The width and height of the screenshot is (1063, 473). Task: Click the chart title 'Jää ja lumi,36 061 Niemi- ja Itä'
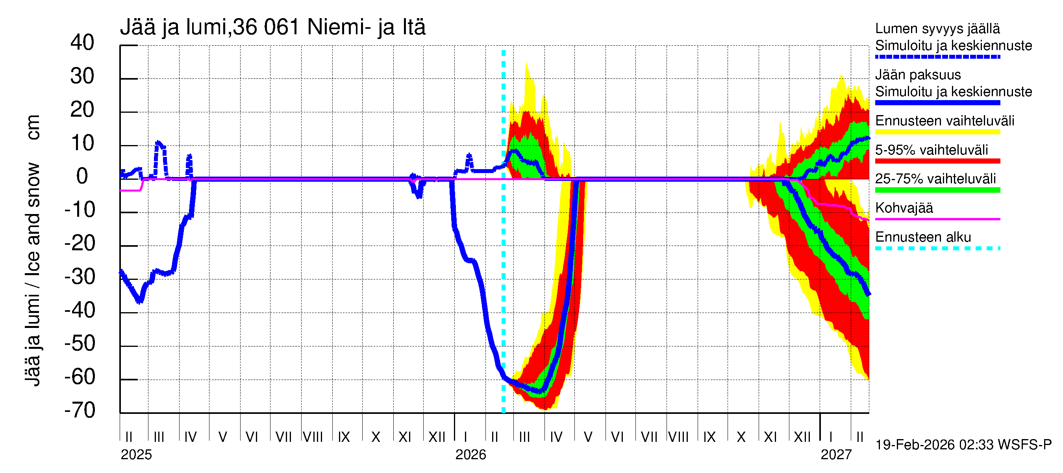pos(272,27)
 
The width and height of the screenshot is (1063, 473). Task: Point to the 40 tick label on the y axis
pos(82,43)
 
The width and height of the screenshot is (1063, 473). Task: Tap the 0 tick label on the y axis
pos(82,177)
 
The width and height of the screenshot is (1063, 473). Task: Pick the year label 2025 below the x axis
pos(136,454)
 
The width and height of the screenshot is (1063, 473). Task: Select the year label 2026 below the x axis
pos(470,454)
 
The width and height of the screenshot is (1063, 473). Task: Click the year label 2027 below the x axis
pos(836,454)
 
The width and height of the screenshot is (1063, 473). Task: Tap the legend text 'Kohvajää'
pos(904,208)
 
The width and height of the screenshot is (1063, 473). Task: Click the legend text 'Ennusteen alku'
pos(923,237)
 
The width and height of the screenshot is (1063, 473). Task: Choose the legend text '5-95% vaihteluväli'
pos(932,150)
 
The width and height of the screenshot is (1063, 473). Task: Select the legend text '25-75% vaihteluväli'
pos(935,179)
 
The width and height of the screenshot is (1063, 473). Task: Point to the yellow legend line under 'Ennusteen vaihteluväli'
pos(937,132)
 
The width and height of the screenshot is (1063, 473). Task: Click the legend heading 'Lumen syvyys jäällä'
pos(937,28)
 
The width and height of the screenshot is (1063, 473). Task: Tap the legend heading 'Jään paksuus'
pos(918,75)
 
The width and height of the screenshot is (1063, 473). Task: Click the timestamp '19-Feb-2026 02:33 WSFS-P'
pos(963,445)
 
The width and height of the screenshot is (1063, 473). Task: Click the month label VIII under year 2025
pos(313,437)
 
